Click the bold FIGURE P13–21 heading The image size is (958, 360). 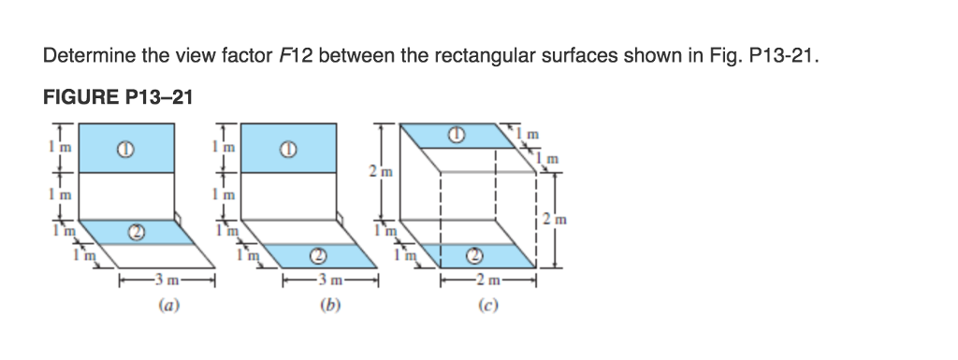click(118, 96)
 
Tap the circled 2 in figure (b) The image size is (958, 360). click(318, 254)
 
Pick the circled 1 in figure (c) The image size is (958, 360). click(456, 134)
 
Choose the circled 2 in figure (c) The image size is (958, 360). click(474, 253)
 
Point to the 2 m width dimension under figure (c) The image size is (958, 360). click(487, 279)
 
